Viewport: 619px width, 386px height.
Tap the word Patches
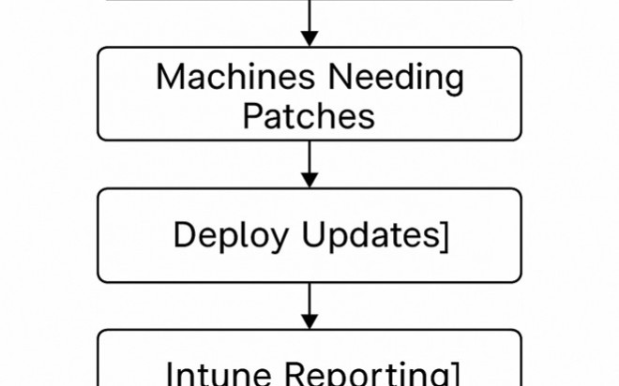pos(309,116)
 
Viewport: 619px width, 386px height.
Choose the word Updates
pos(370,236)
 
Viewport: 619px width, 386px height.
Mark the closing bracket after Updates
pos(444,236)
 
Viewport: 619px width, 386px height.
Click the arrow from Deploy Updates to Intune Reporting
pos(309,305)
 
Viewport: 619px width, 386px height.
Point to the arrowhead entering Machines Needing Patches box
pos(309,38)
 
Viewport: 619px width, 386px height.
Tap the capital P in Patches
pos(253,116)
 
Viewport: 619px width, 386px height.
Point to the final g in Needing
pos(453,82)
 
